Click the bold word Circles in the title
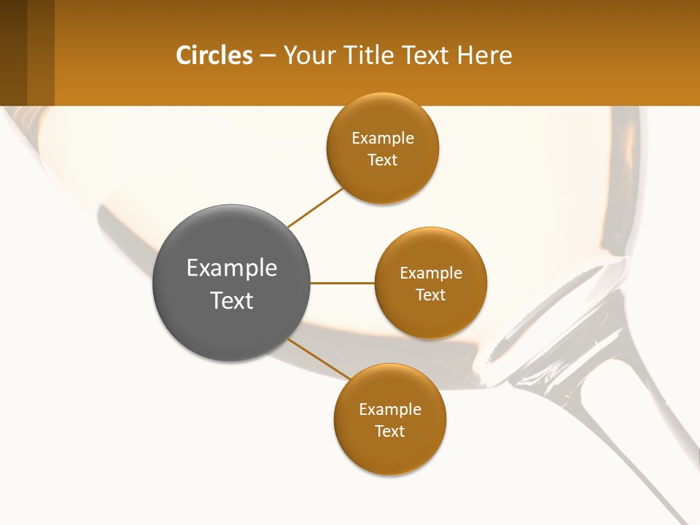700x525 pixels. [214, 55]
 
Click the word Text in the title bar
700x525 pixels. [425, 55]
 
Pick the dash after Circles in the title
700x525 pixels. [268, 56]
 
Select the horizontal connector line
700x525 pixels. [342, 283]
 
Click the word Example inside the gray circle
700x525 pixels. [232, 268]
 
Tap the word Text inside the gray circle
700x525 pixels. [232, 300]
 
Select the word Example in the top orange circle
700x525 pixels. [383, 139]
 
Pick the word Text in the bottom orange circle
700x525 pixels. [389, 431]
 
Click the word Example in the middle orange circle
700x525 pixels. [431, 273]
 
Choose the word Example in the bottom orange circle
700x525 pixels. [390, 410]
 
